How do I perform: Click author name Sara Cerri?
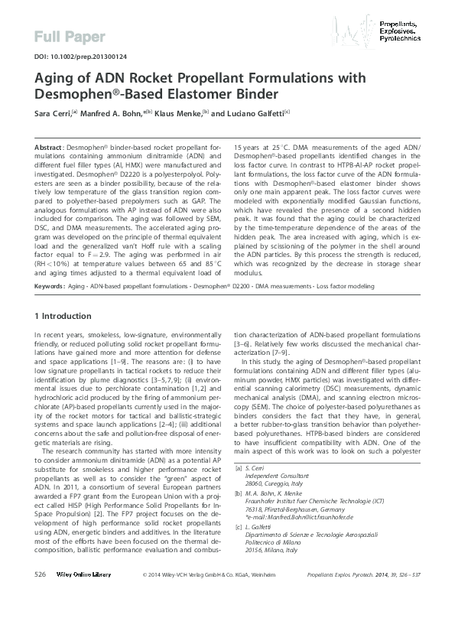coord(53,113)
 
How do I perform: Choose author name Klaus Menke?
coord(176,113)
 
